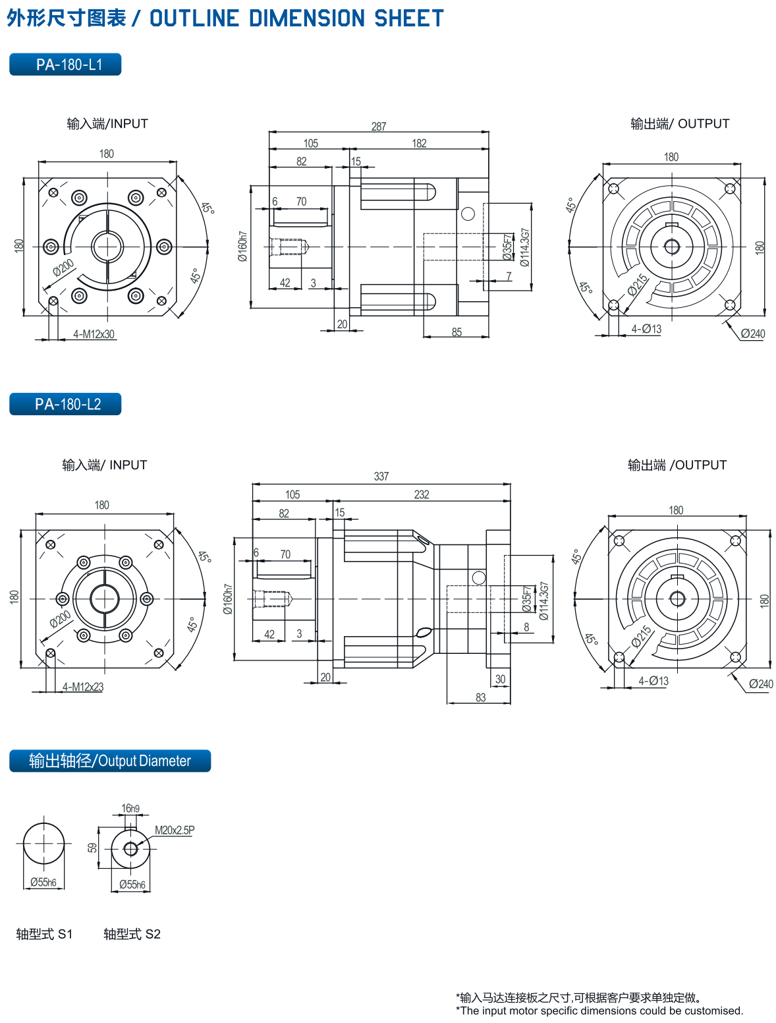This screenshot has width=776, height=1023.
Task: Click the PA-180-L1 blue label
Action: (x=65, y=65)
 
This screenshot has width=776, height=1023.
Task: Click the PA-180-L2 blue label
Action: (x=65, y=403)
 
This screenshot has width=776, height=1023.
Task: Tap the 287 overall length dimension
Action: (x=378, y=127)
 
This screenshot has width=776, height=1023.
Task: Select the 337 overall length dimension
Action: (x=381, y=477)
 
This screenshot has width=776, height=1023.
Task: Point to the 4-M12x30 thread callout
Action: (x=94, y=334)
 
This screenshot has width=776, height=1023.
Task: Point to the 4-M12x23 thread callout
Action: (x=83, y=687)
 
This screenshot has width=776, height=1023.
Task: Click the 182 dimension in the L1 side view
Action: (x=419, y=143)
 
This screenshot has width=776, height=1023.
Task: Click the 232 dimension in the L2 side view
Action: (x=421, y=494)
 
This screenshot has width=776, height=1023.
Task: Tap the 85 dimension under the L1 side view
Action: (x=457, y=332)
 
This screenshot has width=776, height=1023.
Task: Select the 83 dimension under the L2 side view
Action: (x=480, y=697)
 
